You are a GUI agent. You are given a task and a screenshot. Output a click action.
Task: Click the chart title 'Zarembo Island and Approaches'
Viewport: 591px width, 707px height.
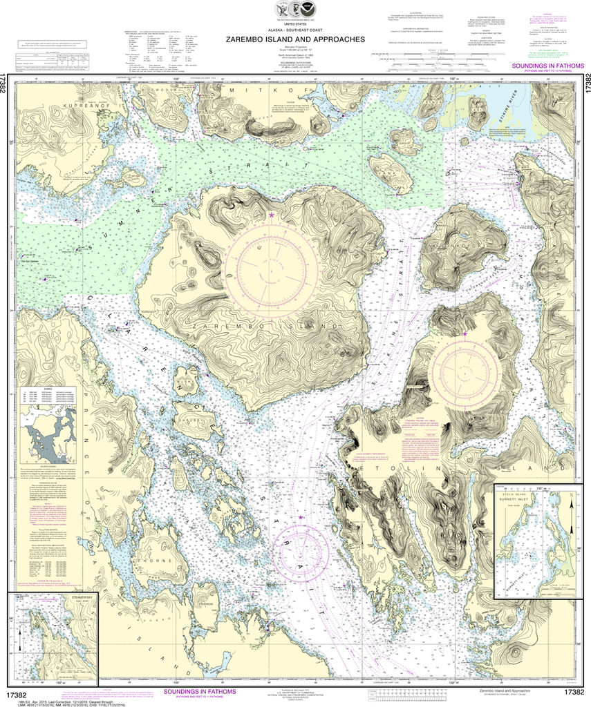point(295,39)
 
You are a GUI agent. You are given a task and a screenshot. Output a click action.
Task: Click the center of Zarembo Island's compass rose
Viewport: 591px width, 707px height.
point(270,264)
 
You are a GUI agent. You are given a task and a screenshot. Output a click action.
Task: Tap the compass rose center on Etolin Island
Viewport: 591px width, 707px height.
point(465,374)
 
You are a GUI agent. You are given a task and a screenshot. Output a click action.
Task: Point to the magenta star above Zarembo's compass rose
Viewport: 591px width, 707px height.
point(271,216)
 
